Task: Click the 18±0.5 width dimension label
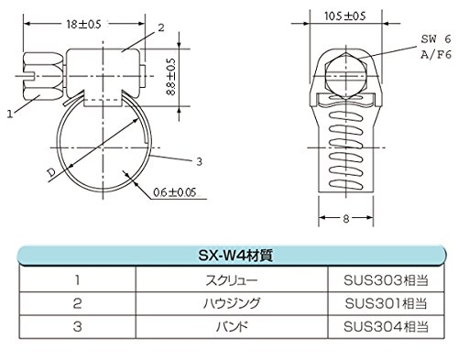pos(83,24)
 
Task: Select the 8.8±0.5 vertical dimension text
pos(171,77)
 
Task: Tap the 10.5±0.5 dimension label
pos(345,16)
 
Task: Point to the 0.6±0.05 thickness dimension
pos(174,192)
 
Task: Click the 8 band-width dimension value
pos(346,219)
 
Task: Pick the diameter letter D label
pos(52,173)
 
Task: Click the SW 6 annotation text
pos(436,38)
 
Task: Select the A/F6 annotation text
pos(436,55)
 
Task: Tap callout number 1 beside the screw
pos(10,114)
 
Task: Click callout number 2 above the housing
pos(161,28)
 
